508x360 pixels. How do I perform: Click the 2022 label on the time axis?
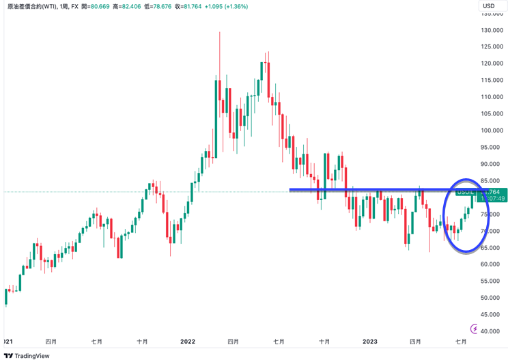point(188,341)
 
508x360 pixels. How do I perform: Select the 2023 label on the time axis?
point(369,341)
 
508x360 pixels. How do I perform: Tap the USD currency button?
point(489,6)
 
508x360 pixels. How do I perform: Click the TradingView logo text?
point(32,355)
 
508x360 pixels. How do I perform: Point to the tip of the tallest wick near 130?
point(219,32)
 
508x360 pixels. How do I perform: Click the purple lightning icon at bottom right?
point(470,329)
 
